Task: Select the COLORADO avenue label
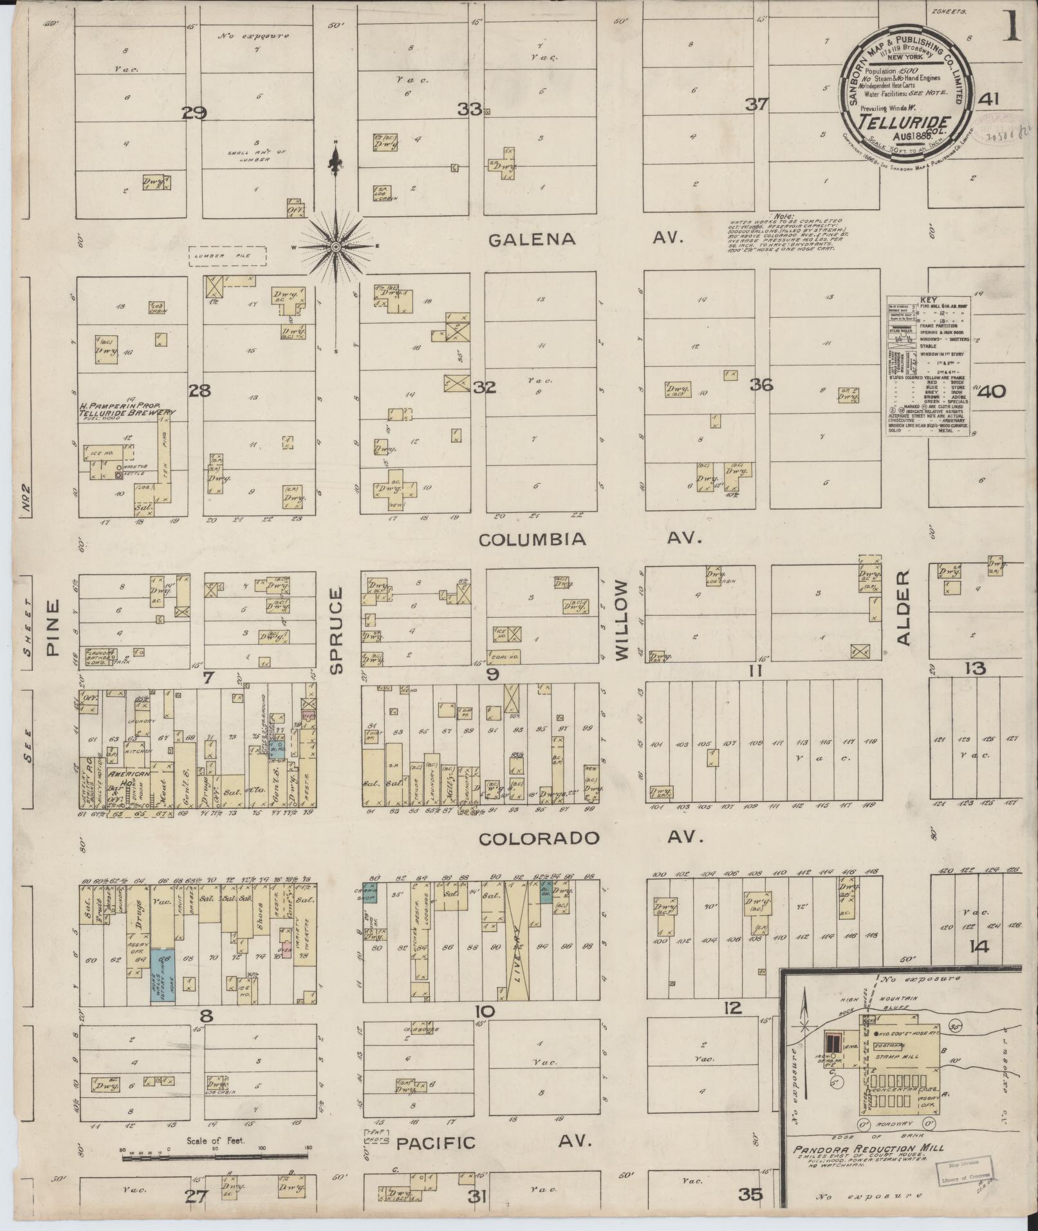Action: (539, 838)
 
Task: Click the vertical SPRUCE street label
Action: (337, 629)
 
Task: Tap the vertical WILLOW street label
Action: (621, 620)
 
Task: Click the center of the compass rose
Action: (335, 247)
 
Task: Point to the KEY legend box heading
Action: (928, 300)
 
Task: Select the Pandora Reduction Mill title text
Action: (868, 1149)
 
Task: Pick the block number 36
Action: (761, 385)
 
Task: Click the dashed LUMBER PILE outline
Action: (227, 256)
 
